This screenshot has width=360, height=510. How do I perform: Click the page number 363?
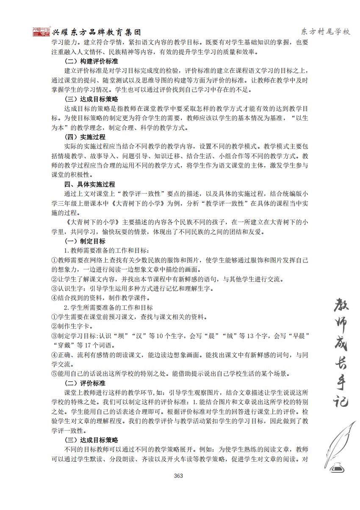[x=178, y=476]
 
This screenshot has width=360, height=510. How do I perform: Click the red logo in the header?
[x=41, y=31]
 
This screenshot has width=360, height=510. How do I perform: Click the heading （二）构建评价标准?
[x=91, y=61]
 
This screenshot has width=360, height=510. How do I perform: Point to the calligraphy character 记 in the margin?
[x=339, y=398]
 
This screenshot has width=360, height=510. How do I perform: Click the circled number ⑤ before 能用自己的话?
[x=54, y=374]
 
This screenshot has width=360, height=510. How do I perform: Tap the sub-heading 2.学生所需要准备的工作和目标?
[x=108, y=307]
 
